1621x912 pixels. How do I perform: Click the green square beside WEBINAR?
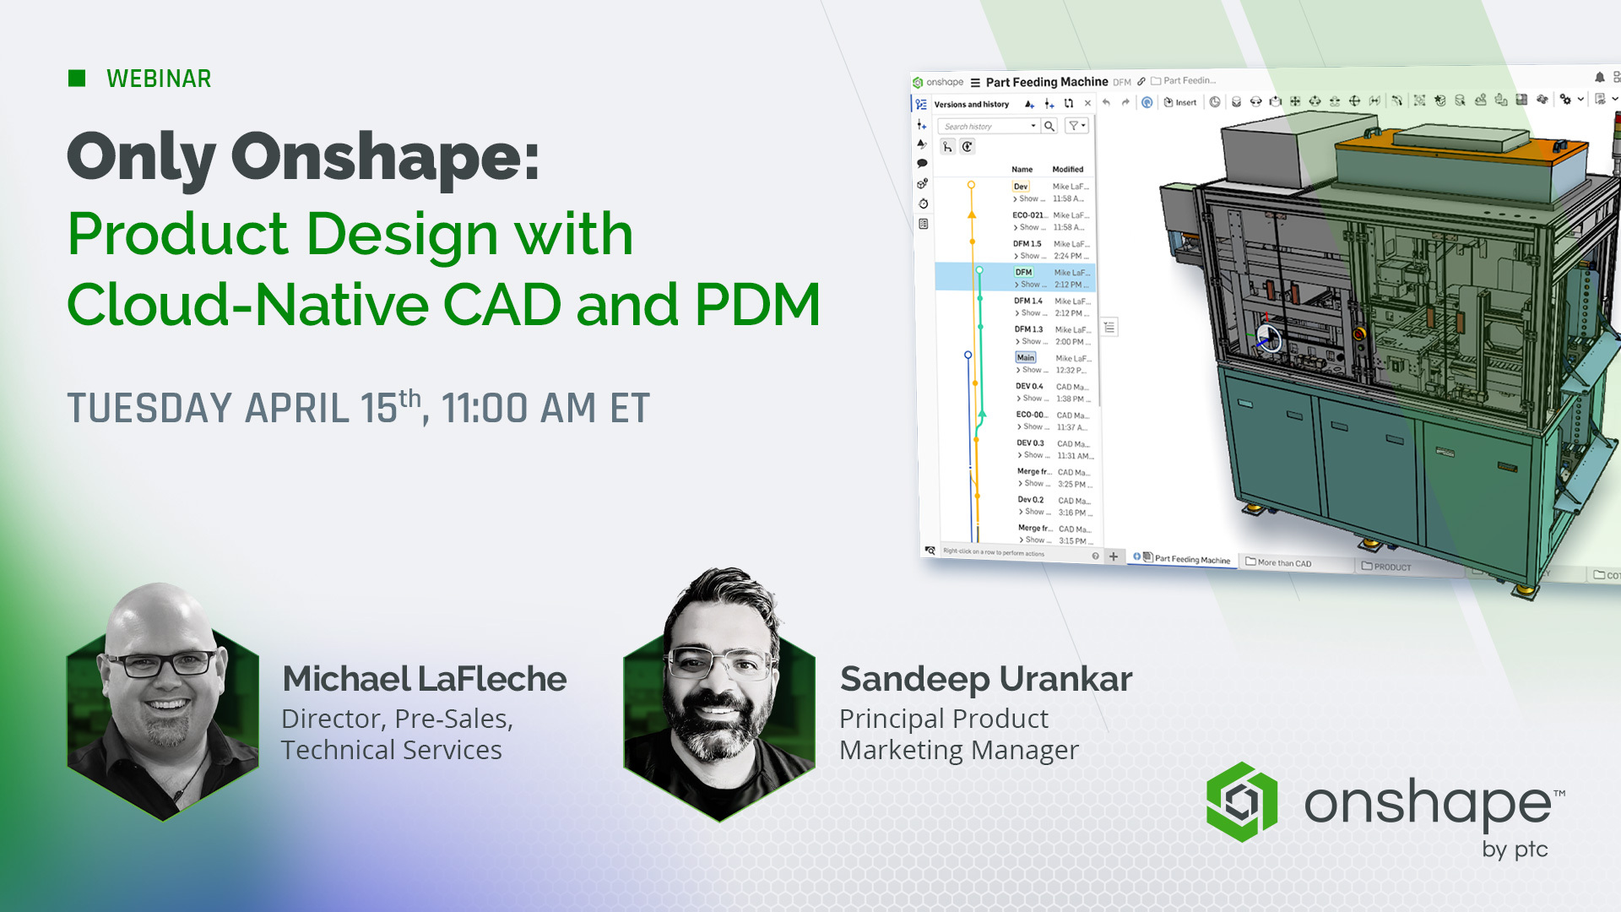[77, 79]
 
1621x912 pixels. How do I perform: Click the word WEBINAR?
[159, 79]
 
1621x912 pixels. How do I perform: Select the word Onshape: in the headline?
[385, 158]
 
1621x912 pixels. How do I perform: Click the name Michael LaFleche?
[424, 679]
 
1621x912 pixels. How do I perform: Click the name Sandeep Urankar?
[985, 679]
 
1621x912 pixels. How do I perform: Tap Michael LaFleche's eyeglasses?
[160, 663]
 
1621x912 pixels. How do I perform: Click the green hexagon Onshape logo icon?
[1241, 801]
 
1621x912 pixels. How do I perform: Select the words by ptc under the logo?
[1515, 849]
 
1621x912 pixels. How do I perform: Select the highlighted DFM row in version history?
[1024, 273]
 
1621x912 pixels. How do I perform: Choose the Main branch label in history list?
[1025, 358]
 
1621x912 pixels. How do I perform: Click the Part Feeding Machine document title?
[1046, 82]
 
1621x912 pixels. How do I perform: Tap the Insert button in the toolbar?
[1180, 102]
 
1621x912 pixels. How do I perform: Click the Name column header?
[1022, 170]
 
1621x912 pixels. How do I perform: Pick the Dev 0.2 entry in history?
[1030, 500]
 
